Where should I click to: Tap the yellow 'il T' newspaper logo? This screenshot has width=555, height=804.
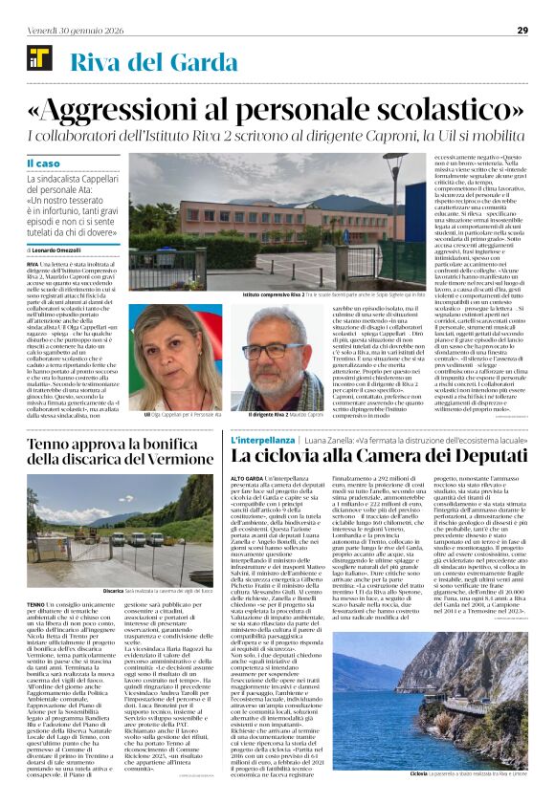pyautogui.click(x=39, y=56)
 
